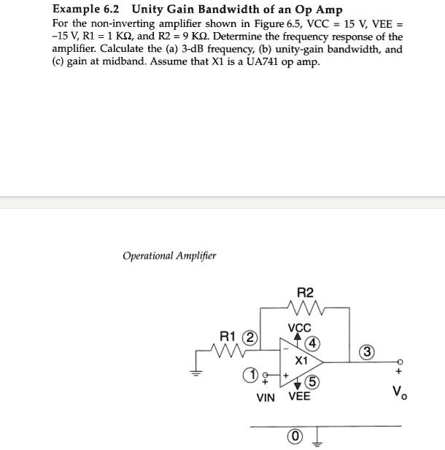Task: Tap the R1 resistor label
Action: tap(228, 337)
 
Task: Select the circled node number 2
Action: tap(250, 337)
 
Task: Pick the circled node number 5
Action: tap(312, 381)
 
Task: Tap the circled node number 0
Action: tap(295, 437)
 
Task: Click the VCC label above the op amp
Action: tap(299, 328)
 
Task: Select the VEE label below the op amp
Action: tap(299, 397)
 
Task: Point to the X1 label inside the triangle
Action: tap(301, 360)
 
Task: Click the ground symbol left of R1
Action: tap(195, 370)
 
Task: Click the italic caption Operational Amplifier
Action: tap(169, 256)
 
